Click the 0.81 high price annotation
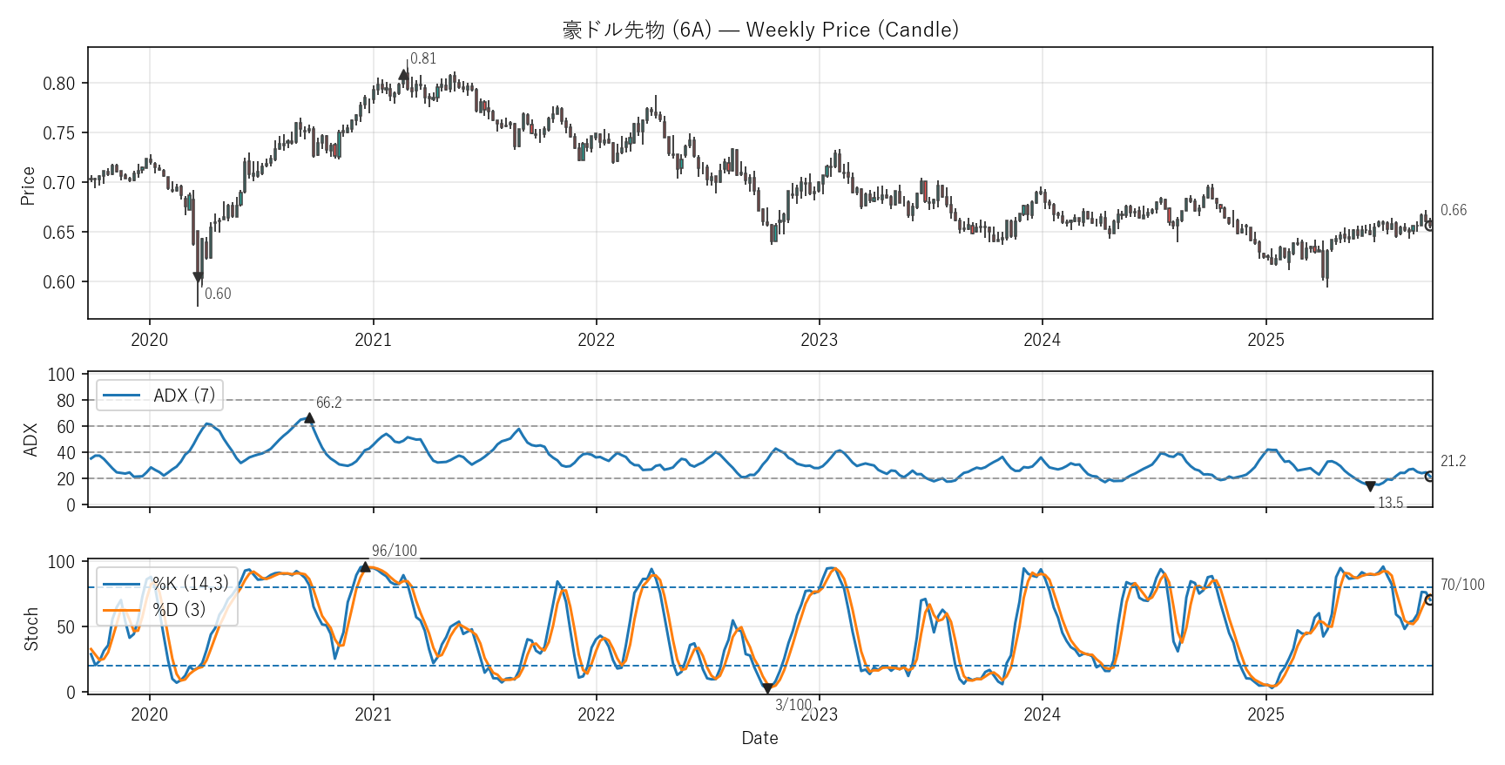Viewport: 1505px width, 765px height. (423, 58)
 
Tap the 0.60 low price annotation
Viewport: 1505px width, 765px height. (218, 294)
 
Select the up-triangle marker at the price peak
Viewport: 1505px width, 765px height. (404, 75)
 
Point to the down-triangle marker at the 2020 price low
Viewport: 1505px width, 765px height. (198, 277)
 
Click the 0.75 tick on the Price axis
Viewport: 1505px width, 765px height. (59, 133)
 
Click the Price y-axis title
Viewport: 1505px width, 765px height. (28, 186)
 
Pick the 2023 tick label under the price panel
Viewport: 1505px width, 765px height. (819, 340)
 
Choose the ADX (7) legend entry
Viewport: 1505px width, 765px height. (160, 396)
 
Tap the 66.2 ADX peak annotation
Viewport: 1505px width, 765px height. (328, 403)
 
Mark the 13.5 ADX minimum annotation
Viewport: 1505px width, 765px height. (1390, 503)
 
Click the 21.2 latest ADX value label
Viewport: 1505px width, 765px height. (1453, 461)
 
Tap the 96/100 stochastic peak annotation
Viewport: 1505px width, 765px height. (395, 551)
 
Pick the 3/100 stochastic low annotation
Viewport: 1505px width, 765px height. (793, 704)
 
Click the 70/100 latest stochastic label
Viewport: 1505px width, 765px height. (1462, 585)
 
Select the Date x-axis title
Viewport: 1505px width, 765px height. (759, 738)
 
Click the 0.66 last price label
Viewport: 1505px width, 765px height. (1453, 210)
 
